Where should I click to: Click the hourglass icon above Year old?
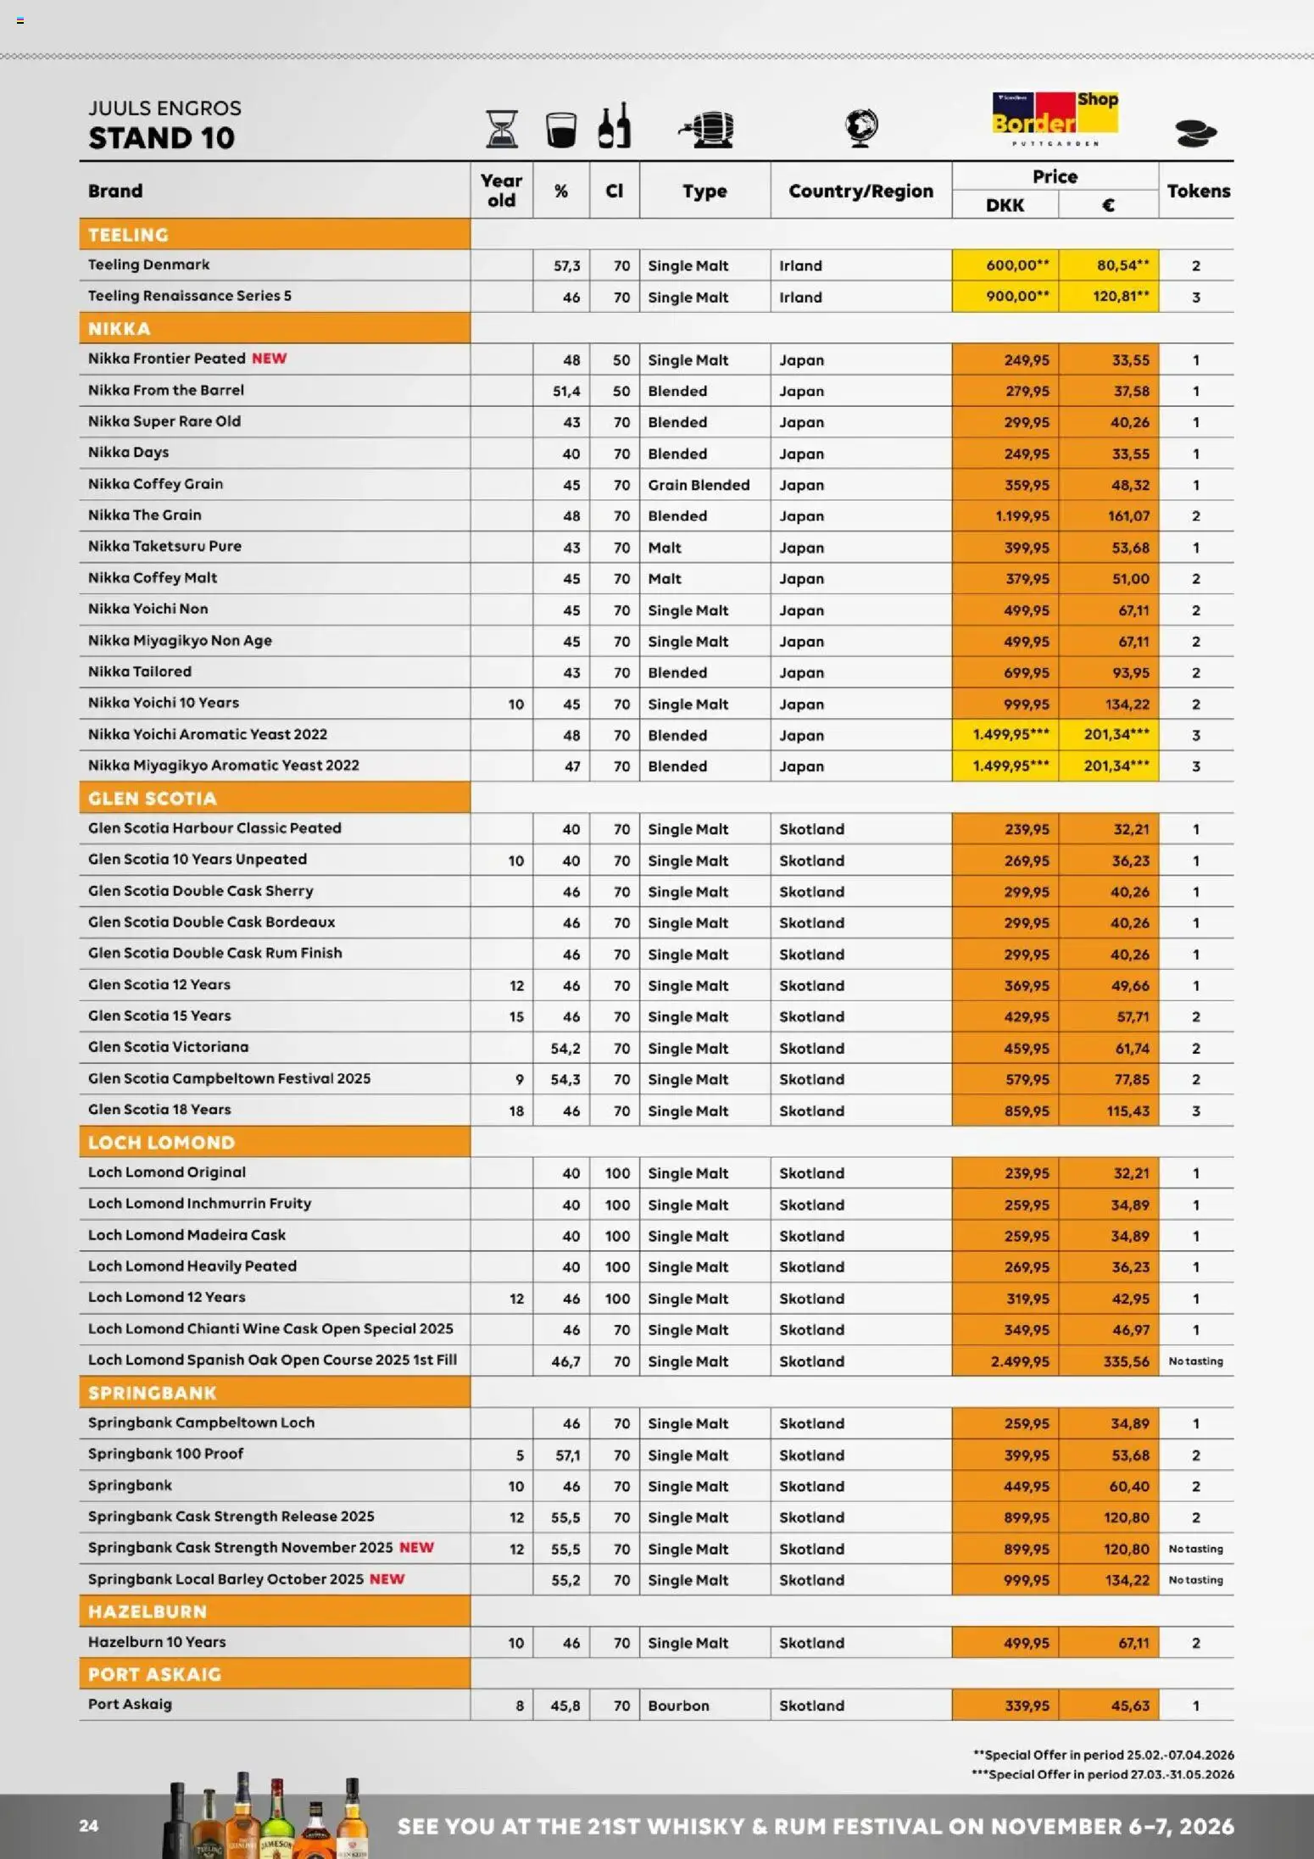(x=502, y=130)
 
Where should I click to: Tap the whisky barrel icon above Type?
(x=707, y=130)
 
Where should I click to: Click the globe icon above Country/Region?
(x=861, y=128)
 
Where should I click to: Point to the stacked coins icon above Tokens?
(x=1195, y=133)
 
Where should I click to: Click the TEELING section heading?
(x=129, y=235)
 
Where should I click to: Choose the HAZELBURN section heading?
(x=148, y=1611)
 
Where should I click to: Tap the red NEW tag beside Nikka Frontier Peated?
(x=269, y=359)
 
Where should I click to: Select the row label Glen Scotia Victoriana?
(x=169, y=1047)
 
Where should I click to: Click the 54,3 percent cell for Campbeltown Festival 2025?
(x=565, y=1079)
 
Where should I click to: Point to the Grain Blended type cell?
(x=699, y=485)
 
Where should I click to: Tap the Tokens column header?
(x=1198, y=191)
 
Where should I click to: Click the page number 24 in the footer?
(x=89, y=1826)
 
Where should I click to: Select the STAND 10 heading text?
(x=161, y=138)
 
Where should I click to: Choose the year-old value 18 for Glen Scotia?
(x=516, y=1110)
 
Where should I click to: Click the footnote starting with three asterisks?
(x=1102, y=1774)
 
